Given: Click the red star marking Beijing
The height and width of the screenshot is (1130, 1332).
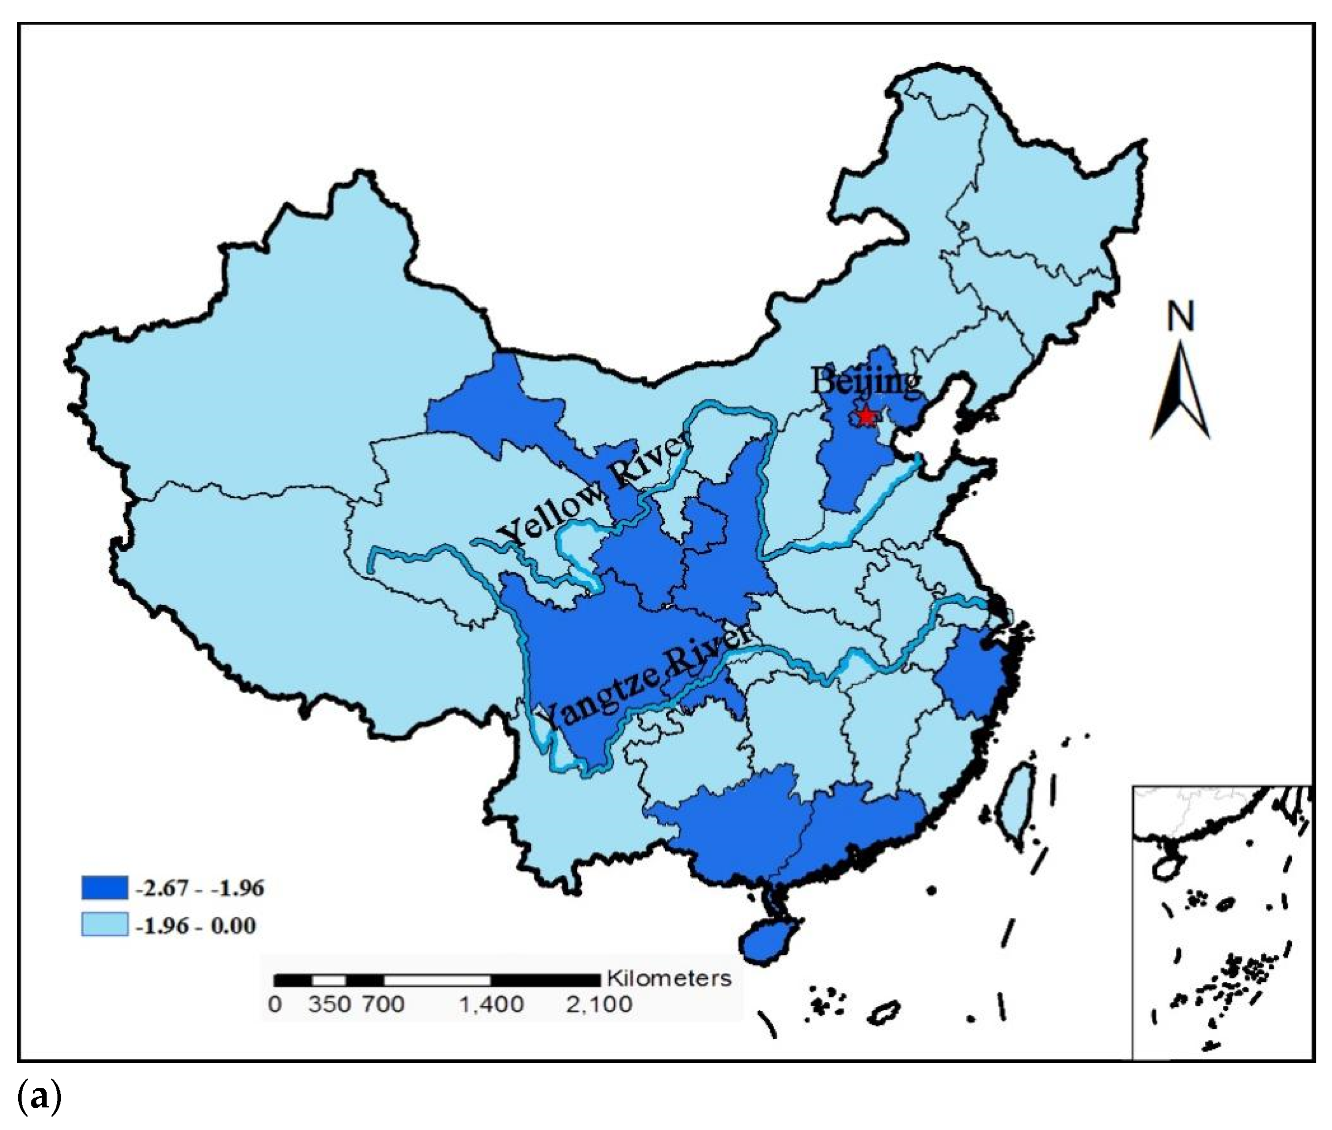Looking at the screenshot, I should (866, 416).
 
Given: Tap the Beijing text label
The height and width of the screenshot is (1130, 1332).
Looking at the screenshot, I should (866, 382).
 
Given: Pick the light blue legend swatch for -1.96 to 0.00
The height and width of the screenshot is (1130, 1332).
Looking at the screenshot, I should (105, 925).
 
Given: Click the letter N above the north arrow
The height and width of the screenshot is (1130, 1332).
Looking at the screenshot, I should (1180, 317).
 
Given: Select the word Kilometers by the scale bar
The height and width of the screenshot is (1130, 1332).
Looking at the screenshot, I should (668, 978).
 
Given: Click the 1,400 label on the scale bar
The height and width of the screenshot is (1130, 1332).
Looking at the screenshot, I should (491, 1004).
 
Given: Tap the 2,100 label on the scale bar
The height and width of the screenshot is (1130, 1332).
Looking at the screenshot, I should (598, 1004).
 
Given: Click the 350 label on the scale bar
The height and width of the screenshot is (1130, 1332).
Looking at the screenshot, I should (328, 1004).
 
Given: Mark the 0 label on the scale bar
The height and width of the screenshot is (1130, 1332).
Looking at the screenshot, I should (275, 1004).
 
